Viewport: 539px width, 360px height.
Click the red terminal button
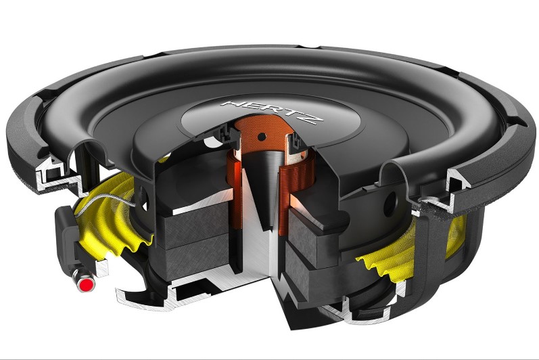pos(86,285)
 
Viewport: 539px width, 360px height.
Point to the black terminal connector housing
pos(64,230)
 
